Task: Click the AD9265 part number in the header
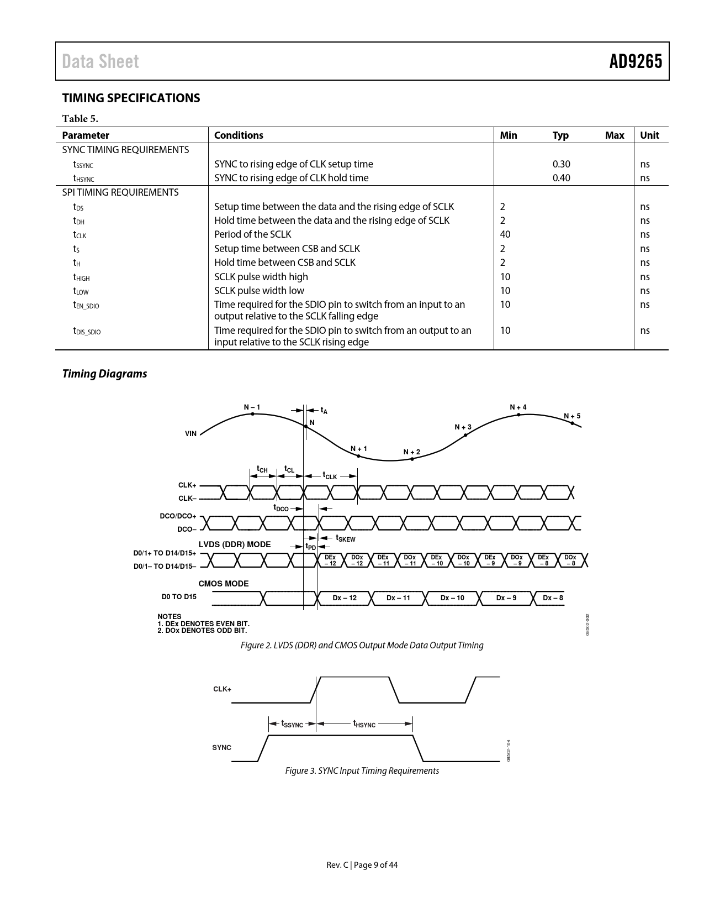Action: tap(635, 61)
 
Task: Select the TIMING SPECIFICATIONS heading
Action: tap(131, 98)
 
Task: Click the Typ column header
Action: tap(560, 135)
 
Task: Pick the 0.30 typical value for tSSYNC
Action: tap(561, 164)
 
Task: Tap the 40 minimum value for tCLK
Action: tap(505, 234)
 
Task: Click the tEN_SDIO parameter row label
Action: tap(86, 305)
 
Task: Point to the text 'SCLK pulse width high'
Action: tap(261, 277)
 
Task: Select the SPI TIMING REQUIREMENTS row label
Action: tap(120, 192)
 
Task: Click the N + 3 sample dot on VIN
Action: tap(465, 435)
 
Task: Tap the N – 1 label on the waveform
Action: tap(252, 407)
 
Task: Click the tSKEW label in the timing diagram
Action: tap(346, 538)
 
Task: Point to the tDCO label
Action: tap(281, 507)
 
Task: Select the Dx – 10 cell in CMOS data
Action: tap(452, 598)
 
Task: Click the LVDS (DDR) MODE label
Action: tap(235, 544)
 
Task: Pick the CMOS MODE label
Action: tap(224, 584)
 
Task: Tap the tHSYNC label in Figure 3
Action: tap(364, 724)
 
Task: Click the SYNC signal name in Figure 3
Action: tap(221, 747)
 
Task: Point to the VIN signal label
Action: tap(190, 434)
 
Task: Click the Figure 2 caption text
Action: tap(362, 645)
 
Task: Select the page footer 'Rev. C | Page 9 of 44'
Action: tap(362, 865)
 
